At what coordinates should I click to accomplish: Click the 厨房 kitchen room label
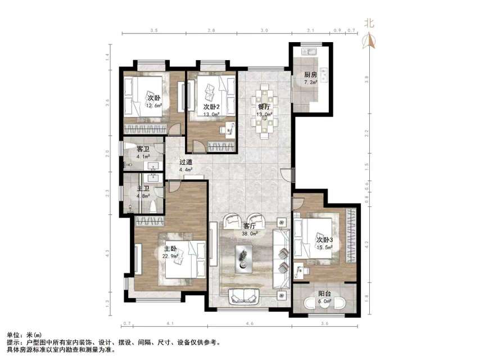[311, 75]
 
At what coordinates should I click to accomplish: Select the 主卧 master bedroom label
[170, 249]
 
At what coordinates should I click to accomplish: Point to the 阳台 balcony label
[324, 293]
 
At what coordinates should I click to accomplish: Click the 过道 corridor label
[186, 162]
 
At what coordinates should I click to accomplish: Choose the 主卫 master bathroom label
[143, 189]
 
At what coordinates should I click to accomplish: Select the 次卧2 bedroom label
[212, 106]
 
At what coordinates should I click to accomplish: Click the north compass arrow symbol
[369, 40]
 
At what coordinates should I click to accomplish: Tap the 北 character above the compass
[369, 23]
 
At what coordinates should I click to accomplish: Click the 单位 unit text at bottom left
[13, 335]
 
